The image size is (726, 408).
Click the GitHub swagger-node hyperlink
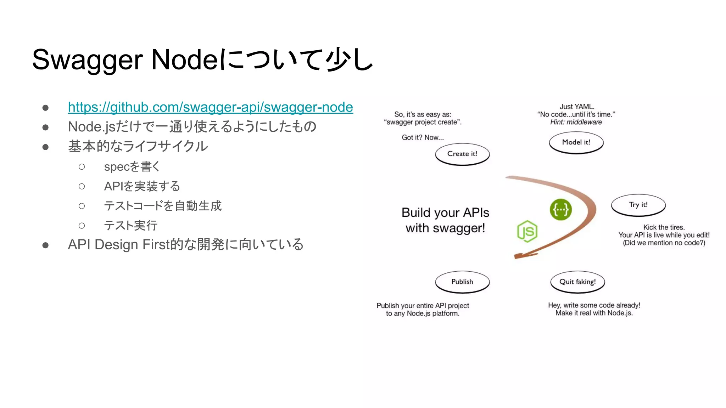[x=210, y=107]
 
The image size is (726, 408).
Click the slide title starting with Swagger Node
[x=202, y=59]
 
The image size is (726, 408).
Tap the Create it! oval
[x=462, y=154]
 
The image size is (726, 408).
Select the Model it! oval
[x=576, y=142]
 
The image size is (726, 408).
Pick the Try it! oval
[x=638, y=205]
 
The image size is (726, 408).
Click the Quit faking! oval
[x=577, y=282]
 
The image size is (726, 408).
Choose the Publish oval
[x=462, y=282]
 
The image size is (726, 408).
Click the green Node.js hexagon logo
[x=527, y=231]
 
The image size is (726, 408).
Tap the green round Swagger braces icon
[x=560, y=210]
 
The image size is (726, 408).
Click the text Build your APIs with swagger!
[x=445, y=220]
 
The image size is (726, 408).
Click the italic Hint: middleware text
[x=576, y=122]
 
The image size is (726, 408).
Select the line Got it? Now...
[x=423, y=137]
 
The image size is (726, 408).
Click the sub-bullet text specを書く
[x=132, y=166]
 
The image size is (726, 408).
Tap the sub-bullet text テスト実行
[x=130, y=225]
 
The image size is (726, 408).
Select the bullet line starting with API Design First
[x=185, y=245]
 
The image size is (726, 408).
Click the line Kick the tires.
[x=664, y=227]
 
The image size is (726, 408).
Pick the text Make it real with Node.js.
[x=594, y=313]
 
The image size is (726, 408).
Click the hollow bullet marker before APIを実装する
[x=82, y=186]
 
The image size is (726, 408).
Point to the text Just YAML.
[x=577, y=107]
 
